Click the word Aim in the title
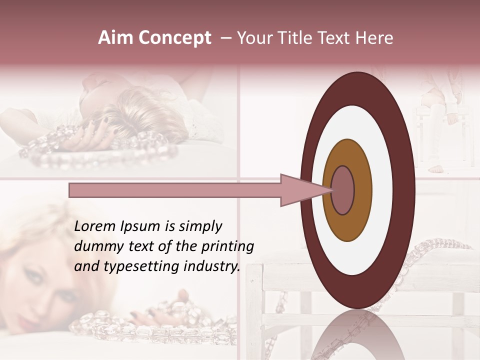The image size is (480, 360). click(112, 38)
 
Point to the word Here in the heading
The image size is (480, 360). click(375, 38)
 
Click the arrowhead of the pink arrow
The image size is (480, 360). click(300, 190)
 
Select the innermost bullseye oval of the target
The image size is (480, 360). click(343, 190)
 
